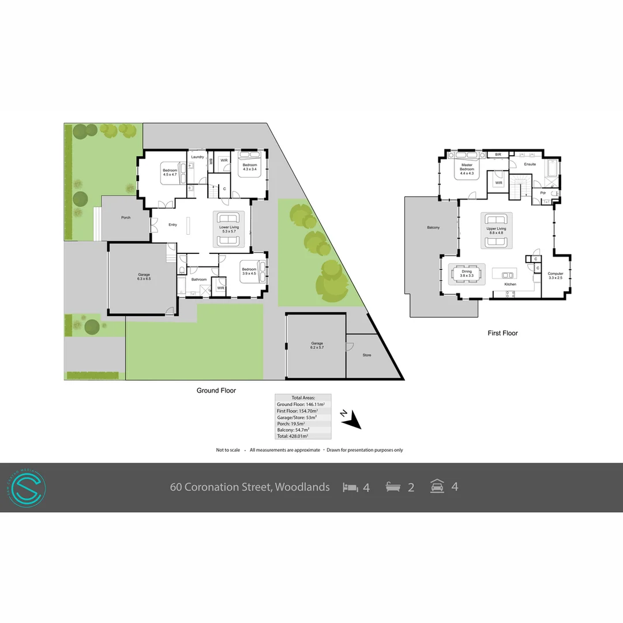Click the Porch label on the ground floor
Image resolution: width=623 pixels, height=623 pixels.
[x=126, y=217]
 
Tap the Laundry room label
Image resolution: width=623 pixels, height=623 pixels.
[x=197, y=157]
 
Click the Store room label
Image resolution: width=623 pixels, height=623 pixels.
[x=367, y=355]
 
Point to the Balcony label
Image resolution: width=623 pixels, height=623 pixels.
[x=433, y=227]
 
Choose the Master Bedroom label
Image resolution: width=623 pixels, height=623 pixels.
[x=467, y=167]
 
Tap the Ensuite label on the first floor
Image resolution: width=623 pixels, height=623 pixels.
[x=530, y=164]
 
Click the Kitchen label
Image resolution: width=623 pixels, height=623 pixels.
[x=510, y=284]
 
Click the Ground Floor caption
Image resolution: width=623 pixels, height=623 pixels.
[x=216, y=391]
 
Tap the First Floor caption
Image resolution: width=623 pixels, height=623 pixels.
[x=502, y=333]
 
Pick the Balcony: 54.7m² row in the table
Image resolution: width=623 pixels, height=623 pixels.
[x=293, y=429]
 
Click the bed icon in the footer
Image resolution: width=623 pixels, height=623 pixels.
[x=350, y=487]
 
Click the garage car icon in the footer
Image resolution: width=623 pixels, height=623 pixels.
[x=437, y=486]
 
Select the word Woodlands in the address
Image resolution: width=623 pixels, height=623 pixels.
[x=302, y=487]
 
